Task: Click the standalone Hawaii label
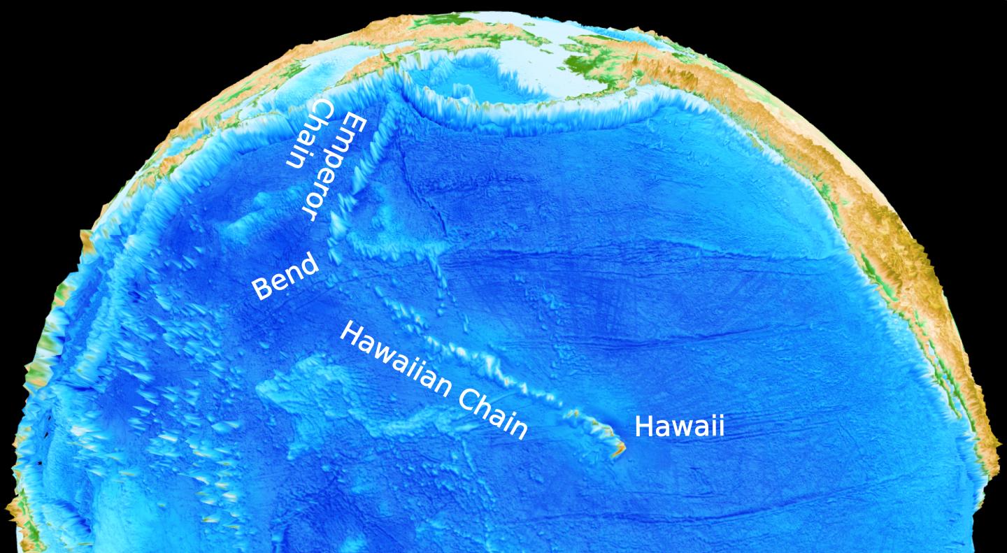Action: [679, 426]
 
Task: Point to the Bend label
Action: [285, 277]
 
